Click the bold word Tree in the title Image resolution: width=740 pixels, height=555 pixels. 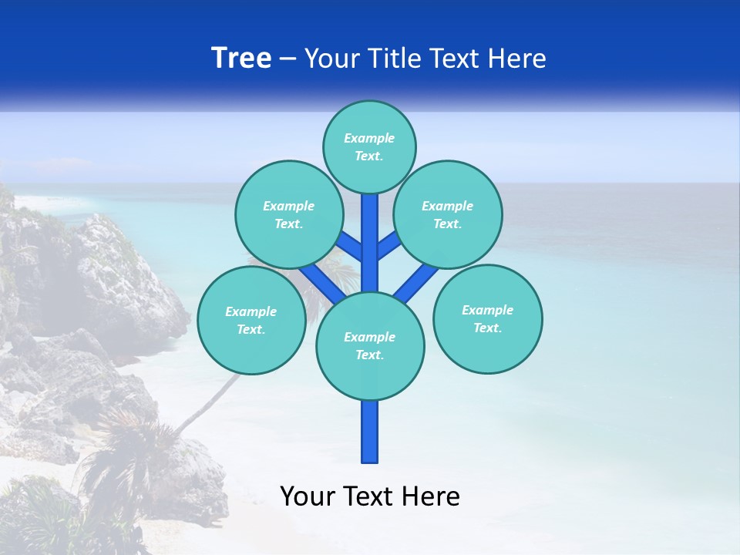[x=241, y=58]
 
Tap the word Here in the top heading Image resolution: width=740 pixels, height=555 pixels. [x=518, y=59]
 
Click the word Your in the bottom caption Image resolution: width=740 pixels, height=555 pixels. [x=306, y=496]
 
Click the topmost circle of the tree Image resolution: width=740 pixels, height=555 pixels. [x=369, y=146]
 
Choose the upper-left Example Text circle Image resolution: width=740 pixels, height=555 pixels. [x=288, y=214]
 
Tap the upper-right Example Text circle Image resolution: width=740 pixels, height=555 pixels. [x=448, y=214]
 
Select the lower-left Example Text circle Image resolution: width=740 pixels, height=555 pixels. [x=251, y=320]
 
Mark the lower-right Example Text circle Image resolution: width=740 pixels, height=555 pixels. [x=487, y=318]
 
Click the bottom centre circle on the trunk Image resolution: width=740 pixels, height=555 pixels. [x=370, y=345]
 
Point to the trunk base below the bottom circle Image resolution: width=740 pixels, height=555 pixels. [x=370, y=432]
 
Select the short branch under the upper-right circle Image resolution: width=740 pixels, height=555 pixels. [x=388, y=246]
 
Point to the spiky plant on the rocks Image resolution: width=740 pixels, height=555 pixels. [x=123, y=447]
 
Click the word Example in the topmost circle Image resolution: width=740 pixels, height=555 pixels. [x=369, y=138]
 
